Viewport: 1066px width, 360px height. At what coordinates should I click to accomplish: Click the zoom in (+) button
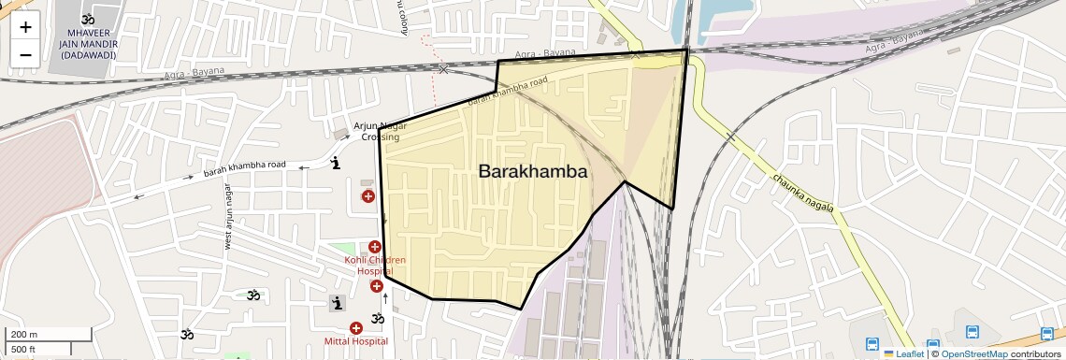[25, 27]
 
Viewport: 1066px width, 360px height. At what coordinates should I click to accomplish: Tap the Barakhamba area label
[532, 172]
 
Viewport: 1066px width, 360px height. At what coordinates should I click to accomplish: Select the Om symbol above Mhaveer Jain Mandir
[89, 19]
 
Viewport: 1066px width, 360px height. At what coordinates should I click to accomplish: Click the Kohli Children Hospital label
[375, 266]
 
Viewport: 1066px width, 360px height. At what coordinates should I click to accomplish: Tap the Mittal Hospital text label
[355, 342]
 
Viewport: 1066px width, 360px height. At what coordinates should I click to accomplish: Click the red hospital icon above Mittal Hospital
[355, 327]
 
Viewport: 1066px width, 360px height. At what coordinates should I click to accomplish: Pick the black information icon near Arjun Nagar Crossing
[337, 165]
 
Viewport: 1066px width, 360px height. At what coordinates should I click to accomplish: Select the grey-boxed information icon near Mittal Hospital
[337, 303]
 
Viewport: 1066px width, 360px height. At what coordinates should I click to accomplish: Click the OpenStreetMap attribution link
[973, 353]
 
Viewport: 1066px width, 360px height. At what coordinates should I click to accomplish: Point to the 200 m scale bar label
[23, 335]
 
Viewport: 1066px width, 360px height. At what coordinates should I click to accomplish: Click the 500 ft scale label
[23, 350]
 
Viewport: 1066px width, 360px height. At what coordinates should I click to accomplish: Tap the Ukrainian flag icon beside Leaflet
[889, 353]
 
